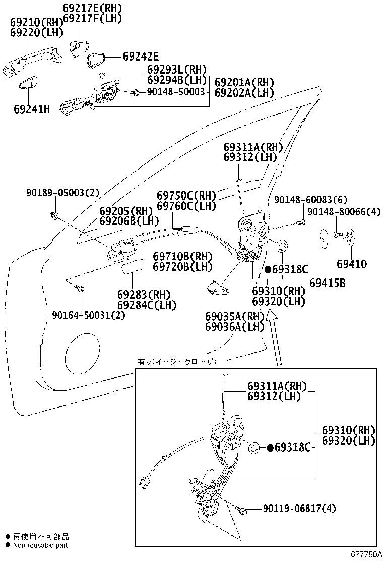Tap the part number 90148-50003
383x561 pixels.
click(176, 92)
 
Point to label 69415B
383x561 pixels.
click(328, 283)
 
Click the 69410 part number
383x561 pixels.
click(352, 264)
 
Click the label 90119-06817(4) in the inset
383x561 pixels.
click(299, 508)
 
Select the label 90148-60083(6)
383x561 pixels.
click(310, 200)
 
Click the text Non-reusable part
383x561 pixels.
click(40, 545)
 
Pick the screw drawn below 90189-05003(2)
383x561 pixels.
click(54, 216)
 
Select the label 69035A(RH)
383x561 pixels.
click(235, 316)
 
